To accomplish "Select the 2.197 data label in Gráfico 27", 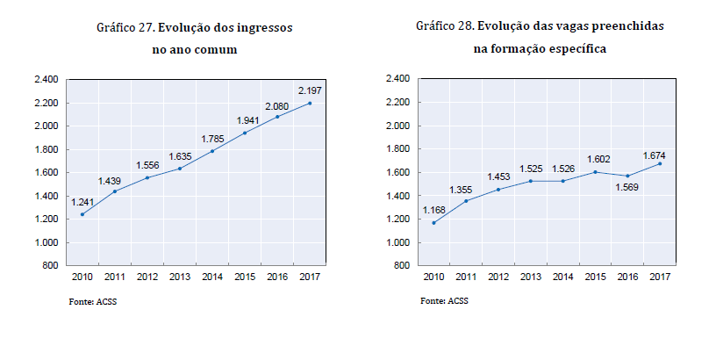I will pyautogui.click(x=310, y=90).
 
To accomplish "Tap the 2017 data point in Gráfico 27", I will pyautogui.click(x=310, y=103).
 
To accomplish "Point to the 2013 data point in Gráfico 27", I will pyautogui.click(x=180, y=169).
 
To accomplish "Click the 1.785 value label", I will pyautogui.click(x=212, y=138).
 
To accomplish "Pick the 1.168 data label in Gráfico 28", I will pyautogui.click(x=435, y=210).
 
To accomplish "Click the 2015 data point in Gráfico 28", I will pyautogui.click(x=595, y=172).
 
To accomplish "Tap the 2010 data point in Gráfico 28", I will pyautogui.click(x=433, y=222).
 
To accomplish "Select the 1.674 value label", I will pyautogui.click(x=661, y=151).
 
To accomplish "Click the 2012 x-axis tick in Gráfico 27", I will pyautogui.click(x=147, y=277).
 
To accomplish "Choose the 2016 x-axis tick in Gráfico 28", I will pyautogui.click(x=627, y=277).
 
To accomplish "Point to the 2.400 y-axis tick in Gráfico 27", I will pyautogui.click(x=46, y=80).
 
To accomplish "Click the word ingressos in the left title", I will pyautogui.click(x=264, y=28).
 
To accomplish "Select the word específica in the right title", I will pyautogui.click(x=574, y=49).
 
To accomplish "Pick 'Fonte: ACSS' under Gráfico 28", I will pyautogui.click(x=444, y=302).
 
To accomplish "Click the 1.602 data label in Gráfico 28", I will pyautogui.click(x=595, y=159).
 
